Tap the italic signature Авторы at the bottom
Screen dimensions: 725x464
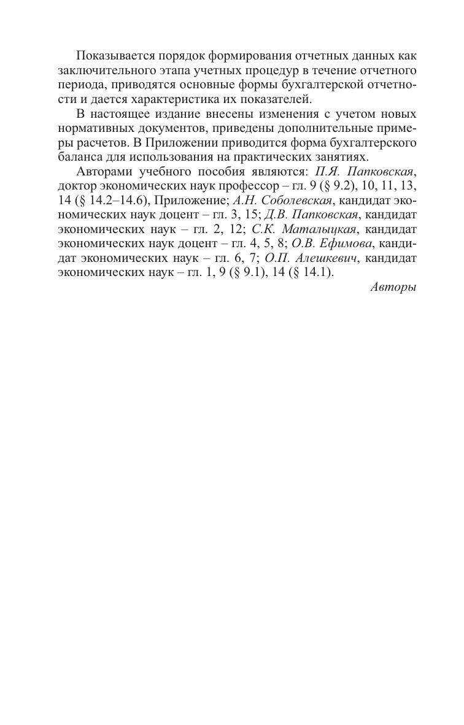(393, 287)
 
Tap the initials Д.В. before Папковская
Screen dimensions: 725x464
(276, 215)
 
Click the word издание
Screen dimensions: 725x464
(177, 114)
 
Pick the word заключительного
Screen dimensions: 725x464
(101, 71)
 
